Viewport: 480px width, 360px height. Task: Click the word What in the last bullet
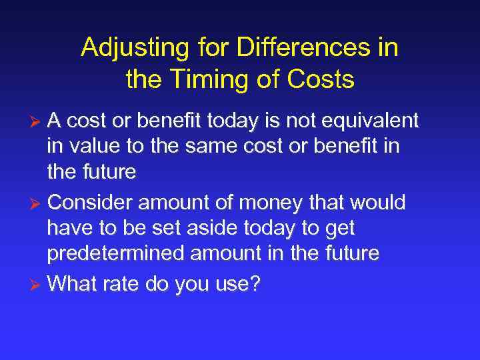click(71, 285)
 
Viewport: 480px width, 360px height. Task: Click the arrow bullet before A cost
click(38, 121)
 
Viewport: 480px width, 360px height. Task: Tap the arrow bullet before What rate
click(38, 285)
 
